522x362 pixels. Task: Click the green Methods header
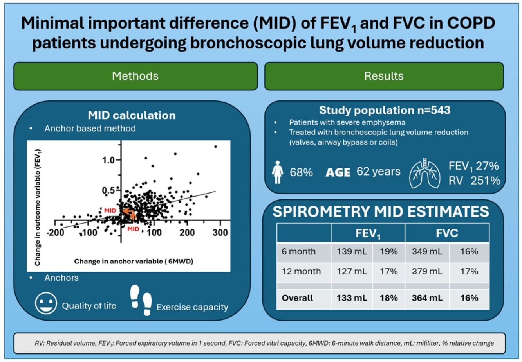pos(135,76)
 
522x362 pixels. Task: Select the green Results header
pos(384,76)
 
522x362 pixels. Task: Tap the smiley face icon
pos(46,303)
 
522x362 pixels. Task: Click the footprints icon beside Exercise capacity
pos(141,300)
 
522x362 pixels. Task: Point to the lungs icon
pos(425,173)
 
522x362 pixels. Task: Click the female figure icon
pos(278,172)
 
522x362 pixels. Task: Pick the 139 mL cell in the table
pos(352,251)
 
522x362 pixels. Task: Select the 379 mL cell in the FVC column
pos(427,271)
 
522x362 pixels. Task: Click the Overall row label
pos(297,298)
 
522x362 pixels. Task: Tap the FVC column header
pos(447,233)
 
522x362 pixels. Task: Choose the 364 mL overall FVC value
pos(427,298)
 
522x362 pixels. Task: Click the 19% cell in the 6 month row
pos(389,251)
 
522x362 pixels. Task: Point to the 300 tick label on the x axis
pos(220,233)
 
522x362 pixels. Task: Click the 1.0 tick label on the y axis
pos(108,160)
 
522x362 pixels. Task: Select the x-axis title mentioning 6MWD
pos(134,262)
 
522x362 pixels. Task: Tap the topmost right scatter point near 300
pos(215,147)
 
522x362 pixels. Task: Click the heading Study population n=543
pos(385,110)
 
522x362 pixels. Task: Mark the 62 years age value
pos(378,172)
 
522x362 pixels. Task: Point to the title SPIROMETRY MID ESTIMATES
pos(381,211)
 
